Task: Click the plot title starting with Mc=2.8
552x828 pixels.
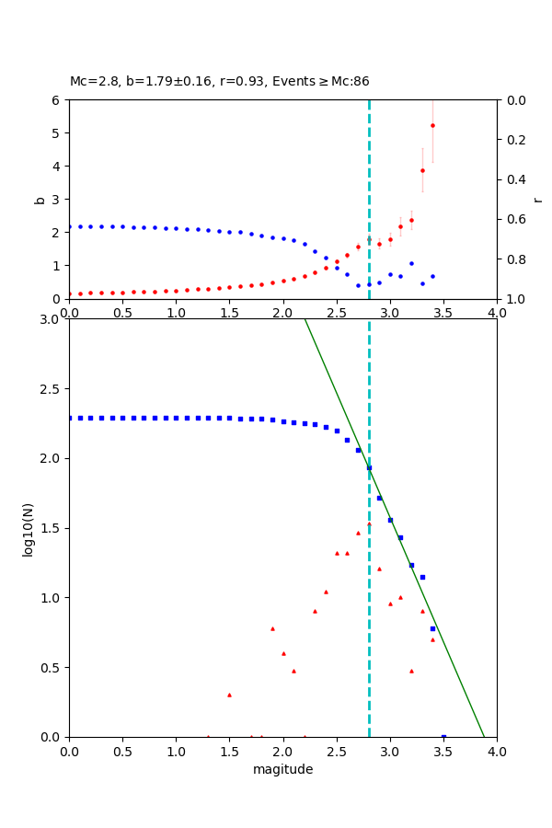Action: (x=219, y=81)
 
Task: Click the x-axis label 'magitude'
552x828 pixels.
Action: (x=282, y=769)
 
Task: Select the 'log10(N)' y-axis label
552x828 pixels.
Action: (x=28, y=528)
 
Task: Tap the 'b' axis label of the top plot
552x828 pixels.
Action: (x=40, y=199)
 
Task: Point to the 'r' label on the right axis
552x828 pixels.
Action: (x=537, y=199)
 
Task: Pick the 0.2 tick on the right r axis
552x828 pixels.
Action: (x=511, y=140)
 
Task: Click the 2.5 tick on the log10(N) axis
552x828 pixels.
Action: (x=51, y=389)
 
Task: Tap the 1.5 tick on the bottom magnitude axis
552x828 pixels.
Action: (x=229, y=750)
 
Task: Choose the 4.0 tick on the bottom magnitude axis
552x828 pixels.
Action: (x=496, y=750)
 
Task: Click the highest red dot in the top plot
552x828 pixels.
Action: (x=432, y=125)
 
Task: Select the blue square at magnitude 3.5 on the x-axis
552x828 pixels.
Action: (x=443, y=737)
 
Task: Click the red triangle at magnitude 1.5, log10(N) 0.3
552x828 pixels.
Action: (x=229, y=695)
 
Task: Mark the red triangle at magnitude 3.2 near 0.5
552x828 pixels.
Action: (x=411, y=671)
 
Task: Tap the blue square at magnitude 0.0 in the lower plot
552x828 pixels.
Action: (x=70, y=418)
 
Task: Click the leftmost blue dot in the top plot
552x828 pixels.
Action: (x=70, y=226)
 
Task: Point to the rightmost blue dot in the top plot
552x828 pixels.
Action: (x=432, y=276)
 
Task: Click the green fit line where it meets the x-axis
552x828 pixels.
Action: (x=484, y=736)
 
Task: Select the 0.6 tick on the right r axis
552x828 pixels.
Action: (x=511, y=219)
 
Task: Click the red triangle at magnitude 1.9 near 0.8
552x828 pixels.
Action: (x=272, y=628)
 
